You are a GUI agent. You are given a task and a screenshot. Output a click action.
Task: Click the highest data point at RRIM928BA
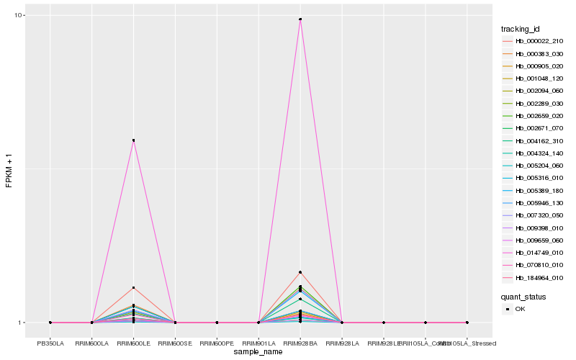point(300,19)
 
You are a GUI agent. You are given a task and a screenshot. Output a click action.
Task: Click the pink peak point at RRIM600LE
point(133,140)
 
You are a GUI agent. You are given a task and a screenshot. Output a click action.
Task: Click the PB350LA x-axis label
point(50,343)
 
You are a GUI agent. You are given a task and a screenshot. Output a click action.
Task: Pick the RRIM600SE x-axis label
point(175,343)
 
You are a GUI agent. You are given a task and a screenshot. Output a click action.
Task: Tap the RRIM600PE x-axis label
point(217,343)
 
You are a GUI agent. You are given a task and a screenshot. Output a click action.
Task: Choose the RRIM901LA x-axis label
point(258,343)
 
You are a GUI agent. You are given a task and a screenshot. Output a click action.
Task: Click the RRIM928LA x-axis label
point(342,343)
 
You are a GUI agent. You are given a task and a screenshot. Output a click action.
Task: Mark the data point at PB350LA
point(50,323)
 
